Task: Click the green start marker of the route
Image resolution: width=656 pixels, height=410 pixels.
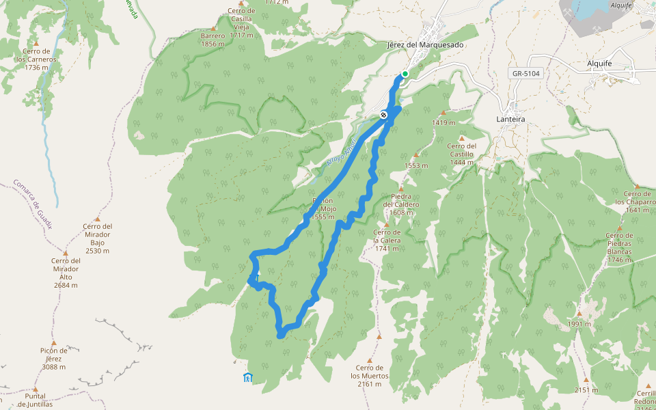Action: pyautogui.click(x=405, y=74)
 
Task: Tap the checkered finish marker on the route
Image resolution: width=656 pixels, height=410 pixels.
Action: pyautogui.click(x=385, y=115)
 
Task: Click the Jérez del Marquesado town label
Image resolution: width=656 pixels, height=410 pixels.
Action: pyautogui.click(x=424, y=45)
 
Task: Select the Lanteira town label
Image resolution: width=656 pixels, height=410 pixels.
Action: pyautogui.click(x=510, y=119)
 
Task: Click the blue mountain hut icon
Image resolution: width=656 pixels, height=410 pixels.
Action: pyautogui.click(x=247, y=377)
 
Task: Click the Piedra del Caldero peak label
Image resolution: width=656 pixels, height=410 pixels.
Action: pyautogui.click(x=401, y=204)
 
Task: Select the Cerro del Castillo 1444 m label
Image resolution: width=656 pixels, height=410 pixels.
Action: pyautogui.click(x=462, y=154)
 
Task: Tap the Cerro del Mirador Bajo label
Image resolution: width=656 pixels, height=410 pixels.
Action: pyautogui.click(x=97, y=238)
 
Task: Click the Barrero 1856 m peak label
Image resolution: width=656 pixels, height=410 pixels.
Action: pyautogui.click(x=213, y=40)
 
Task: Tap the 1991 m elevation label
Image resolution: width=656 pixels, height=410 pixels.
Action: pyautogui.click(x=578, y=324)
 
